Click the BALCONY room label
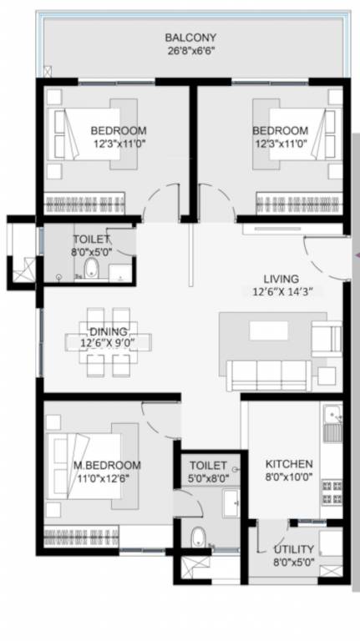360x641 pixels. (190, 38)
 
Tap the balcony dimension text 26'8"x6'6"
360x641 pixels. (190, 50)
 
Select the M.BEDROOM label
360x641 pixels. (106, 465)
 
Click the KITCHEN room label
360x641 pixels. (289, 464)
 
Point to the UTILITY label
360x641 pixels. (294, 549)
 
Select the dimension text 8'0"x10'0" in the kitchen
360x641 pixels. (289, 477)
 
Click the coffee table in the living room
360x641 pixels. (268, 331)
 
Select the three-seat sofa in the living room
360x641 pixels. (269, 376)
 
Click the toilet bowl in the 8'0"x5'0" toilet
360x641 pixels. (91, 269)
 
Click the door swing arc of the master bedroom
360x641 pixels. (157, 417)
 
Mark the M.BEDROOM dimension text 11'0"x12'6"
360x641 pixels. (106, 477)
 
